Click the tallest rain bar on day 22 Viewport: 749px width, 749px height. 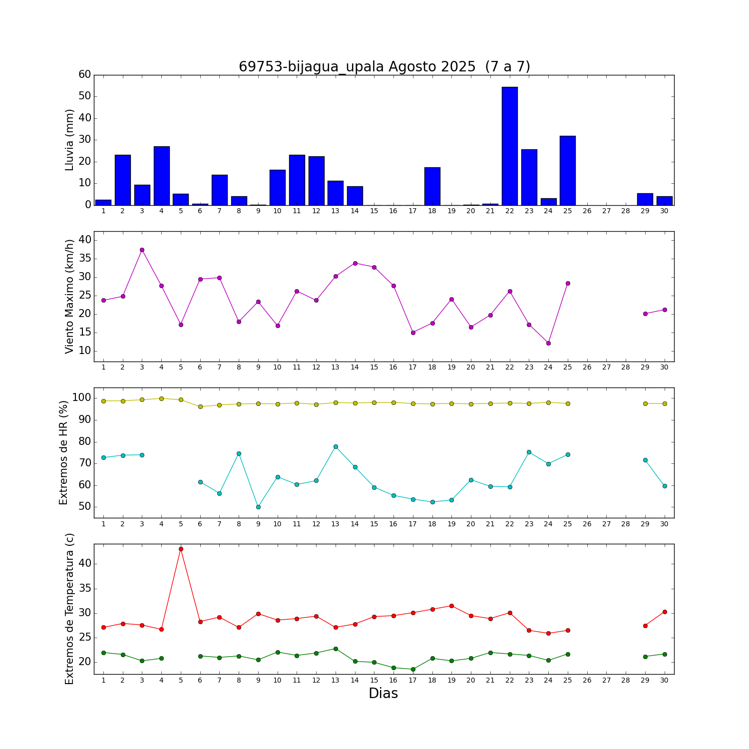(x=509, y=146)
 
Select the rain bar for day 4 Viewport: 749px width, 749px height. (x=161, y=176)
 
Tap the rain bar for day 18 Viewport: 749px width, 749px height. (x=432, y=186)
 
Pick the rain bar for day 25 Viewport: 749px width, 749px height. (x=567, y=170)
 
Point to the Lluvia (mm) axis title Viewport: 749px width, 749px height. (x=70, y=140)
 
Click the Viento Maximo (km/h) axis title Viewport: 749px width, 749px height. (x=70, y=296)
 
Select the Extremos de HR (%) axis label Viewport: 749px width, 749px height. (x=64, y=452)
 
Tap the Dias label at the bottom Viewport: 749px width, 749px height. (x=383, y=694)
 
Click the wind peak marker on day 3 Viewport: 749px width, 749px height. (x=142, y=250)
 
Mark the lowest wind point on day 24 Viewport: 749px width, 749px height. (x=548, y=343)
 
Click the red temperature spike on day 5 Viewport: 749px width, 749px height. (x=181, y=549)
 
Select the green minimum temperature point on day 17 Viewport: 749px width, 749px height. (x=413, y=669)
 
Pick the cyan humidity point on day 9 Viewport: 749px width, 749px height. (x=258, y=507)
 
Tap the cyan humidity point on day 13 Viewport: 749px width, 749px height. (x=336, y=446)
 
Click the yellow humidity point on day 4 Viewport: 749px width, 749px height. (x=161, y=398)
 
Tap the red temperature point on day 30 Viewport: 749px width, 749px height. (x=664, y=612)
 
